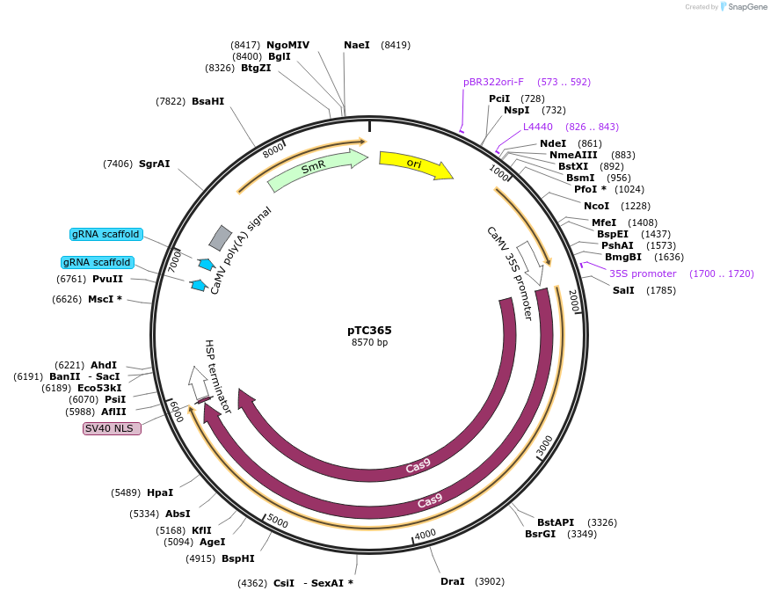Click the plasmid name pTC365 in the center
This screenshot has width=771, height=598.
coord(369,331)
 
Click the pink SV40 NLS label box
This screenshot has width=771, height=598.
coord(112,428)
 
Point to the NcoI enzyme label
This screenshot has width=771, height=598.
coord(596,206)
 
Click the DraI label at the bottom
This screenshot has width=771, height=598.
coord(452,581)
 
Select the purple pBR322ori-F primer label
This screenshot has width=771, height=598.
coord(493,82)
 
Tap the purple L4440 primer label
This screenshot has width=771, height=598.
coord(538,127)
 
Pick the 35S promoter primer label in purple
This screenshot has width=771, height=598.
coord(643,273)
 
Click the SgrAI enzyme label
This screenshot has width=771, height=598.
coord(154,164)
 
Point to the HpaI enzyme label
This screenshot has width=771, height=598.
coord(160,492)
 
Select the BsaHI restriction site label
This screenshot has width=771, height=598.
coord(207,101)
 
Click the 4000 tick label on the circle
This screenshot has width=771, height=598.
coord(425,535)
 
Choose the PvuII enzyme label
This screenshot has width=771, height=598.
coord(107,279)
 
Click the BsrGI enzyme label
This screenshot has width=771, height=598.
coord(541,534)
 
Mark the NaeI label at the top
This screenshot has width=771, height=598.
coord(357,45)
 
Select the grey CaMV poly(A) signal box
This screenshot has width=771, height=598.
coord(221,237)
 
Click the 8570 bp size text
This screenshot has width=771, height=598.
coord(369,343)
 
